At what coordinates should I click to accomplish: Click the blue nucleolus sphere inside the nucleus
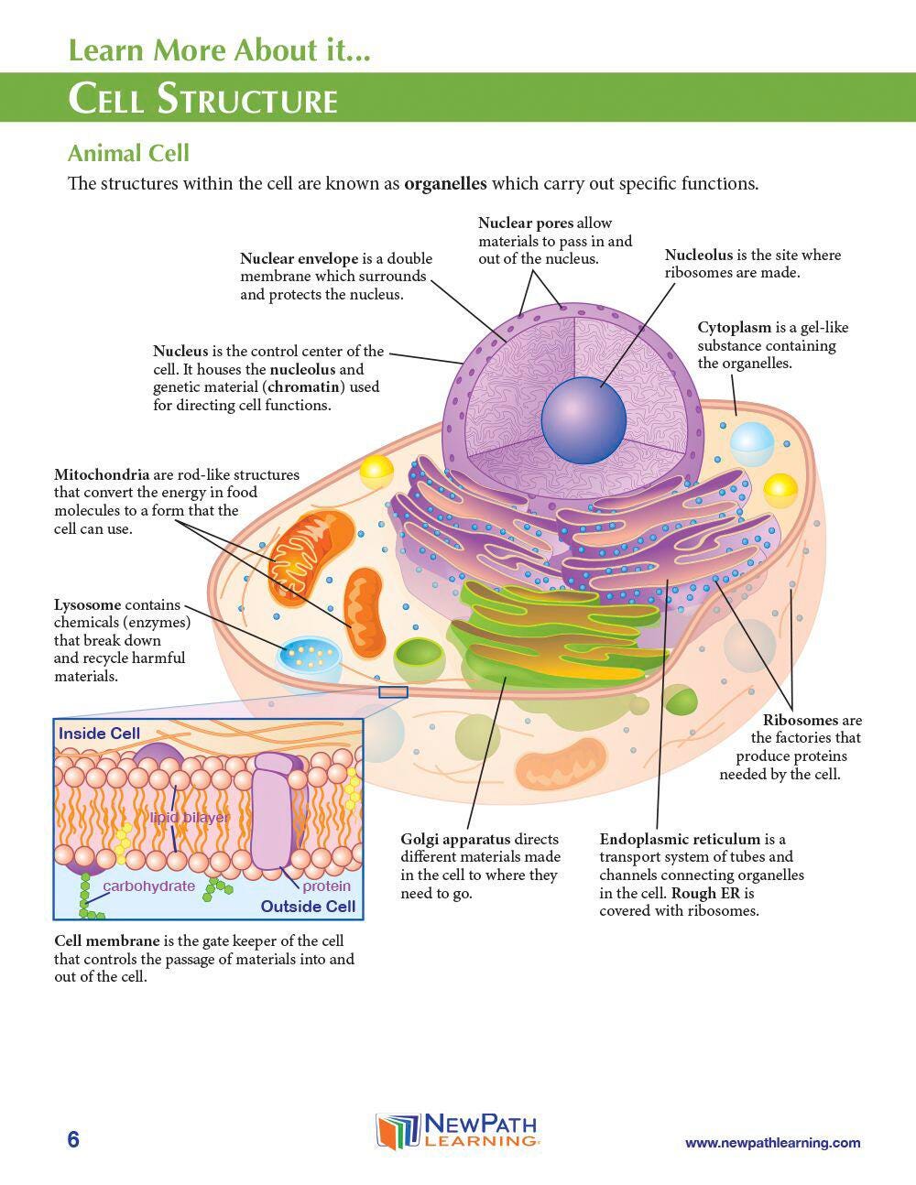(x=583, y=420)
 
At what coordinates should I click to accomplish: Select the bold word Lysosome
(x=87, y=605)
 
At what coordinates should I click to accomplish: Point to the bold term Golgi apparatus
(x=455, y=839)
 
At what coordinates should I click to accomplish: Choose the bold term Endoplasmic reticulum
(x=680, y=839)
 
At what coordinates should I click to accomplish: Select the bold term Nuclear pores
(x=526, y=223)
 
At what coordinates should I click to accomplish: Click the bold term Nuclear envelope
(x=299, y=258)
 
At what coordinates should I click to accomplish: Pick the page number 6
(x=73, y=1139)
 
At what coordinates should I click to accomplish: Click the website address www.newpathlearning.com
(x=772, y=1142)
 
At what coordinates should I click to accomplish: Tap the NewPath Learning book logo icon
(x=397, y=1132)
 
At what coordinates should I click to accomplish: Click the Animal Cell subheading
(x=128, y=153)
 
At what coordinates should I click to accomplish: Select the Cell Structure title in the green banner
(x=203, y=99)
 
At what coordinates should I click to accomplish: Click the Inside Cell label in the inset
(x=99, y=734)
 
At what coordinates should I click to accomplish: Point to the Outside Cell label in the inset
(x=308, y=907)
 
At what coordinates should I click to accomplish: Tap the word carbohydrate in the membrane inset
(x=148, y=886)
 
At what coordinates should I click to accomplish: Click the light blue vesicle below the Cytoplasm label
(x=752, y=443)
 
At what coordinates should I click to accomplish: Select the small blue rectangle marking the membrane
(x=393, y=691)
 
